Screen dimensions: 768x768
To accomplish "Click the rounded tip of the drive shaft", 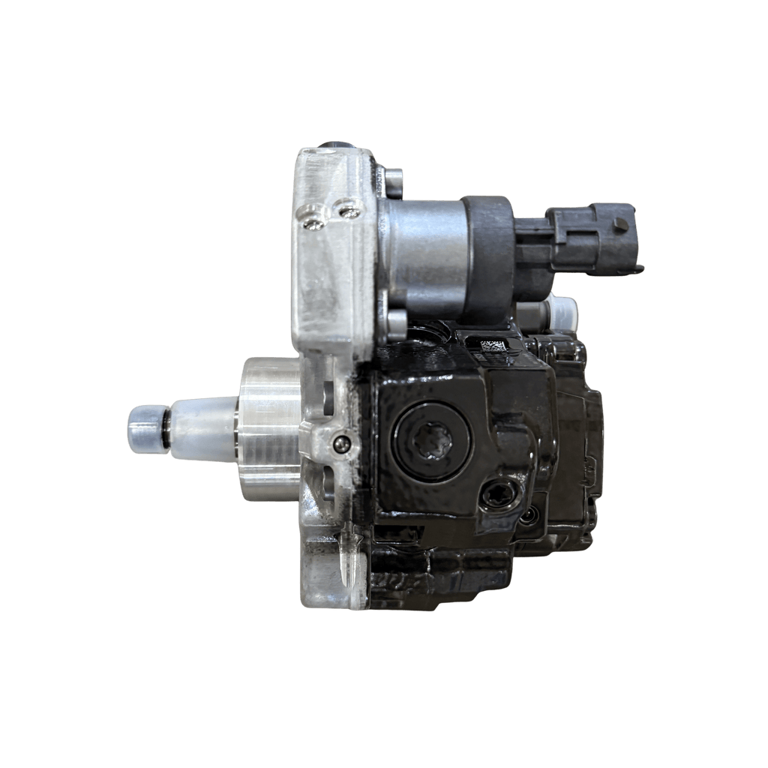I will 142,429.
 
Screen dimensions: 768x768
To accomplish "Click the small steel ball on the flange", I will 343,444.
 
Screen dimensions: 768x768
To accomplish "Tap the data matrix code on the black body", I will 495,346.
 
